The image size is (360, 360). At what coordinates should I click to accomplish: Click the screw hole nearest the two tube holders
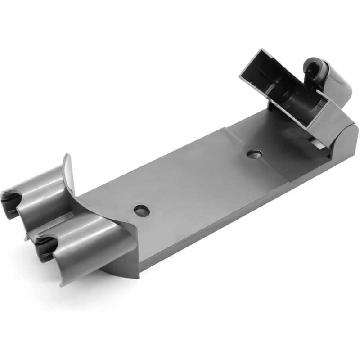[141, 210]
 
